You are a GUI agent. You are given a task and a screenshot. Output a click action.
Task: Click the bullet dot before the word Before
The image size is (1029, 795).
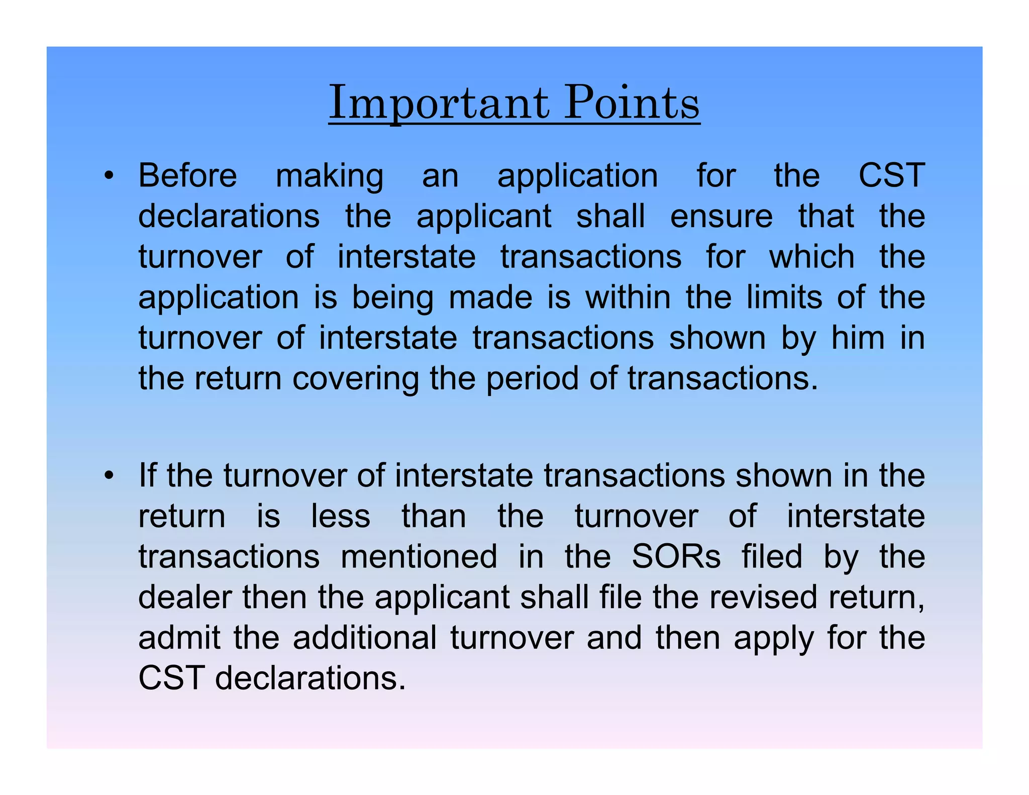[x=109, y=176]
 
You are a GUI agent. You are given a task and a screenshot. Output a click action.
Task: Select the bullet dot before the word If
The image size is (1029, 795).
[x=109, y=475]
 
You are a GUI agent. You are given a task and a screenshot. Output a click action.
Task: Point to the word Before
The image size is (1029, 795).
[x=187, y=176]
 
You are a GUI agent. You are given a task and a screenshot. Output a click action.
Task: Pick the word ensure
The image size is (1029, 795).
[x=722, y=217]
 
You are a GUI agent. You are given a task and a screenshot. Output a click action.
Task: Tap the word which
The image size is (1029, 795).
[x=812, y=257]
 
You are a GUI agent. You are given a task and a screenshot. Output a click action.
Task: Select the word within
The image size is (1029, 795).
[x=628, y=297]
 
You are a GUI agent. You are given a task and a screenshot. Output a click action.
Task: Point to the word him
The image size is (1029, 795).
[x=858, y=338]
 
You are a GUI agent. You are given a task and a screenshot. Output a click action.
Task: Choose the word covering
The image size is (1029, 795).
[x=356, y=379]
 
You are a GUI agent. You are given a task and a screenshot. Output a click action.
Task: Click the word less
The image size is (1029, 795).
[x=341, y=516]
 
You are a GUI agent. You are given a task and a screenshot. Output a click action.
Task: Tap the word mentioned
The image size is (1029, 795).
[x=419, y=557]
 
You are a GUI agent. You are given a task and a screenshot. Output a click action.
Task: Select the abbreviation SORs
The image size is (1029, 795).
[x=676, y=557]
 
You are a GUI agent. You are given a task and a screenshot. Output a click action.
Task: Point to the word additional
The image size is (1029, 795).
[x=365, y=638]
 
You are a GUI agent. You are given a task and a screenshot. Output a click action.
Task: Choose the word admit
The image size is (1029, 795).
[x=179, y=638]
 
